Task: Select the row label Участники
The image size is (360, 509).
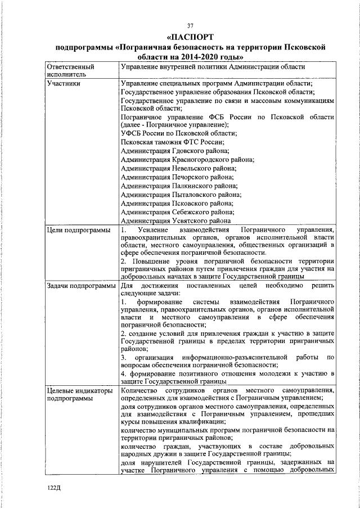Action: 64,84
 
